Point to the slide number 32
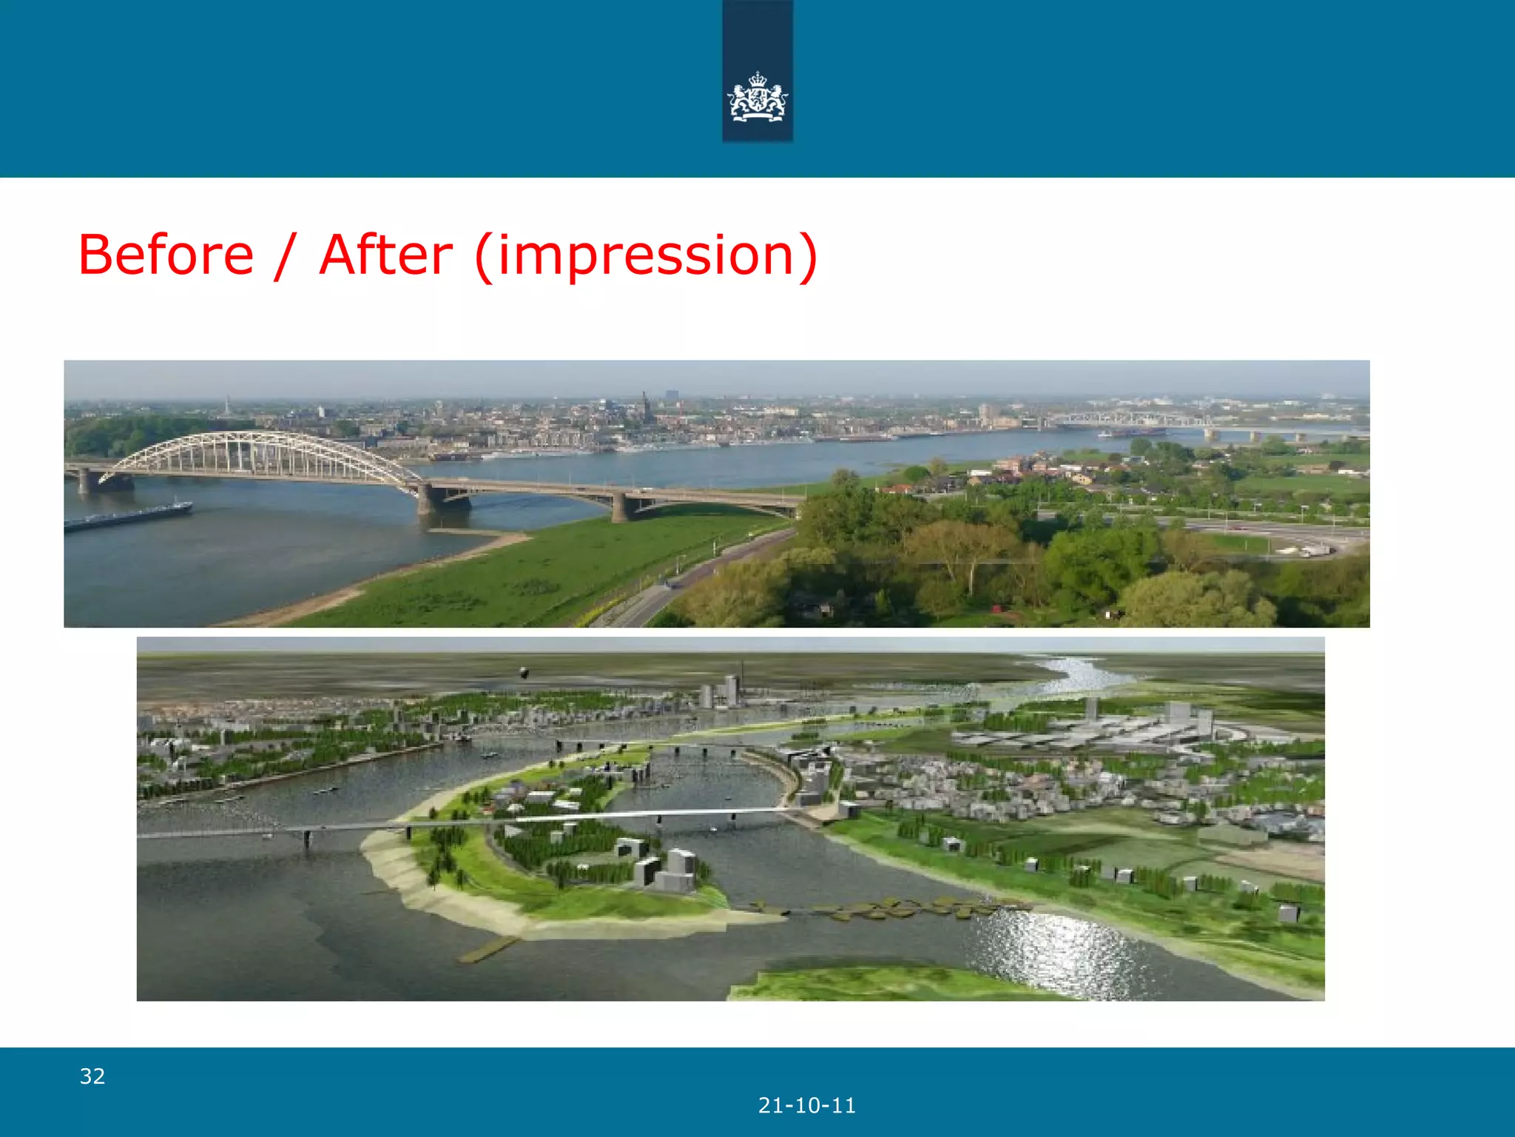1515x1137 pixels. (x=92, y=1076)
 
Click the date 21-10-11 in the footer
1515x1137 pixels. (x=807, y=1106)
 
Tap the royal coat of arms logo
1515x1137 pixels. (x=757, y=96)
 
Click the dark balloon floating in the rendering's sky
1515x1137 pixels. (x=524, y=672)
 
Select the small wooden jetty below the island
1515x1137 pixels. (x=488, y=949)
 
